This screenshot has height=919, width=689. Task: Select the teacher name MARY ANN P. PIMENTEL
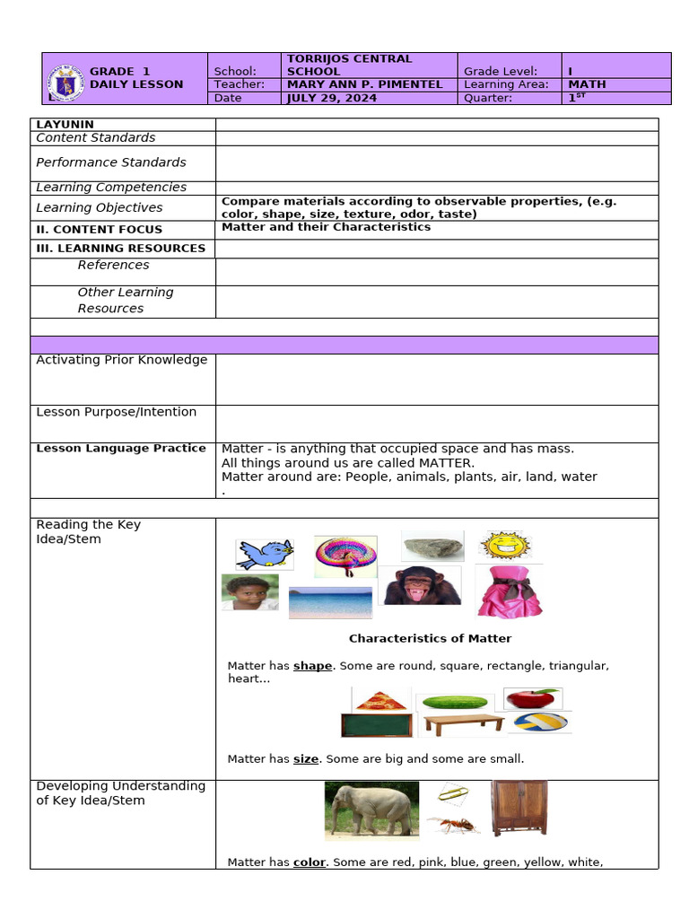click(363, 84)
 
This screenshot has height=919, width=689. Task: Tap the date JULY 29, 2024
click(331, 98)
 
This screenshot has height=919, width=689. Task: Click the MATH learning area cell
click(587, 84)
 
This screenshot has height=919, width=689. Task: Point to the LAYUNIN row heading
click(65, 125)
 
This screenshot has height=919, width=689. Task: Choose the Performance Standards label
click(110, 162)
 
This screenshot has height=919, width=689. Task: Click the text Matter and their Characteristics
click(326, 227)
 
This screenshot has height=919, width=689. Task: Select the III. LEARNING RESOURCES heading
click(120, 248)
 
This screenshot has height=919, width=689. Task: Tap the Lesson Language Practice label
click(120, 448)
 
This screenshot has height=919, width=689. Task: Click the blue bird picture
click(265, 554)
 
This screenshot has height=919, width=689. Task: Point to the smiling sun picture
click(505, 545)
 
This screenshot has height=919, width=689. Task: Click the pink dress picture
click(509, 591)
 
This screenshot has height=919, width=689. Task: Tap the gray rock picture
click(432, 546)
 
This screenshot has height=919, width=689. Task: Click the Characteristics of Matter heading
click(430, 639)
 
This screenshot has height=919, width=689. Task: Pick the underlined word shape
click(312, 666)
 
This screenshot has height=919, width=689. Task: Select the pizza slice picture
click(381, 699)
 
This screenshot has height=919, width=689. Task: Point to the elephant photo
click(371, 809)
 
